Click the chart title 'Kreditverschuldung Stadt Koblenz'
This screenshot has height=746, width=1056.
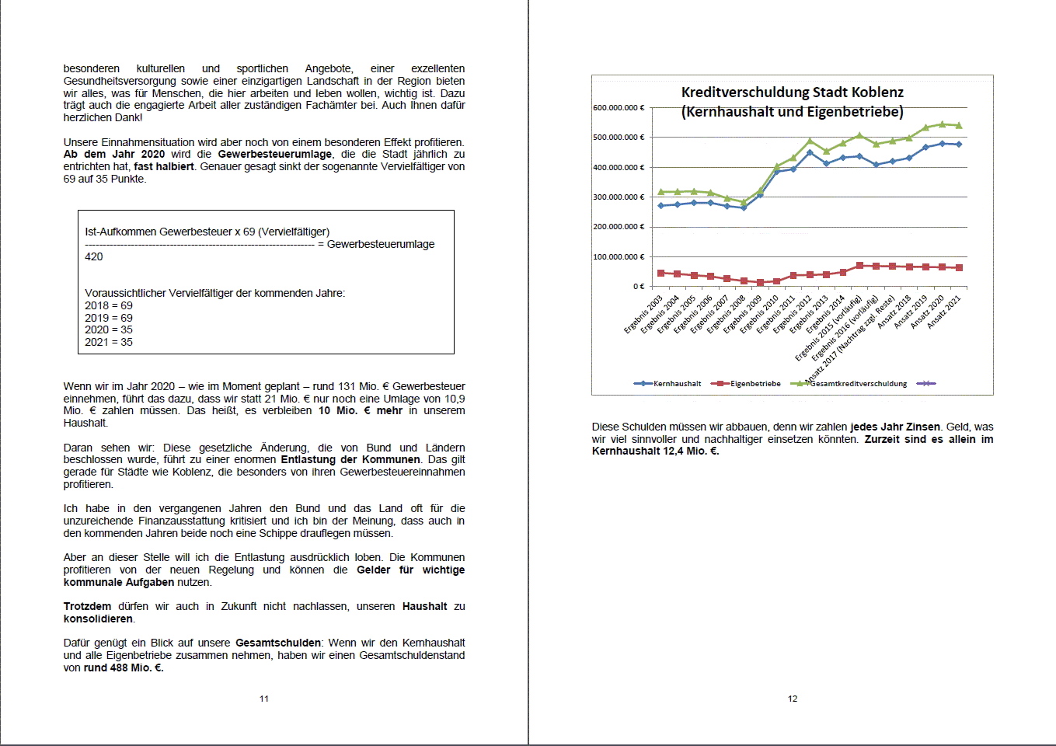(792, 92)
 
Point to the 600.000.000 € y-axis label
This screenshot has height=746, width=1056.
(619, 107)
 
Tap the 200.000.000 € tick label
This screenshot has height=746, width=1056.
(619, 227)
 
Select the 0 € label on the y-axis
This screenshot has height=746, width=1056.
(638, 287)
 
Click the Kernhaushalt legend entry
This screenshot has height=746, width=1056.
(677, 384)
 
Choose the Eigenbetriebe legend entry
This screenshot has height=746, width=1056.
(755, 384)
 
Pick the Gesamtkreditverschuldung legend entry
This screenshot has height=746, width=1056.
(858, 384)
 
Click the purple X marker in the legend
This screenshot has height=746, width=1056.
(925, 384)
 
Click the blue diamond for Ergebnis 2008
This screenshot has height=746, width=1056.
(744, 207)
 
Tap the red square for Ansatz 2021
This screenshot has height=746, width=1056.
(959, 268)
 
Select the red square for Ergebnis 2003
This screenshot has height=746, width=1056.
(661, 273)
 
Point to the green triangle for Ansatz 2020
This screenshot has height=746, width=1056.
(943, 124)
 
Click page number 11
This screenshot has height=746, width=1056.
(264, 699)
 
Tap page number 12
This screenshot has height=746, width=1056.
(793, 699)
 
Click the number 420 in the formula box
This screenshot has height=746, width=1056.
(94, 257)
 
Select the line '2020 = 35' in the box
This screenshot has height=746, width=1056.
(109, 330)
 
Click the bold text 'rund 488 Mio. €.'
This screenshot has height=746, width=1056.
(124, 668)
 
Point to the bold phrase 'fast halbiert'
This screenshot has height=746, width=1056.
(164, 166)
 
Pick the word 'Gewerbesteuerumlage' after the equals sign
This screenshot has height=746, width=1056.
(381, 244)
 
